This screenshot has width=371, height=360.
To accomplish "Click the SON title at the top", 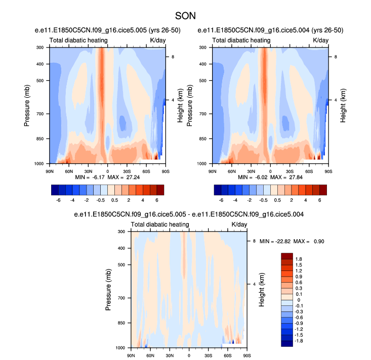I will pos(185,16).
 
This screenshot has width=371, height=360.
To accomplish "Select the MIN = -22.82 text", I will pos(277,242).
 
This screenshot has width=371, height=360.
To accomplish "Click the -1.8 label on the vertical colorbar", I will pos(300,341).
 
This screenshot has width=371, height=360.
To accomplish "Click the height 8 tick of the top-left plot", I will pos(173,57).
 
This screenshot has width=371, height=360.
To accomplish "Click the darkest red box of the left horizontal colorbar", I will pos(160,190).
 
